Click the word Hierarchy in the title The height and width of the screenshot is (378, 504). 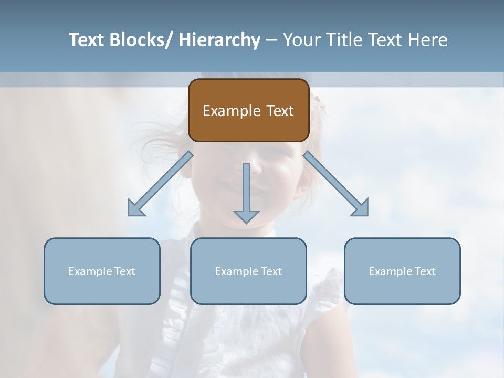pyautogui.click(x=219, y=40)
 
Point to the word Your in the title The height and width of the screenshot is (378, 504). pyautogui.click(x=302, y=40)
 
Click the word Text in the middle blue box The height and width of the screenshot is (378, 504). pyautogui.click(x=271, y=271)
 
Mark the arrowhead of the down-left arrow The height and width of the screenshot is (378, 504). pyautogui.click(x=135, y=209)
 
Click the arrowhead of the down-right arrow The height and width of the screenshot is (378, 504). pyautogui.click(x=361, y=208)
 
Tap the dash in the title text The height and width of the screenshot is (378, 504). pyautogui.click(x=271, y=40)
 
